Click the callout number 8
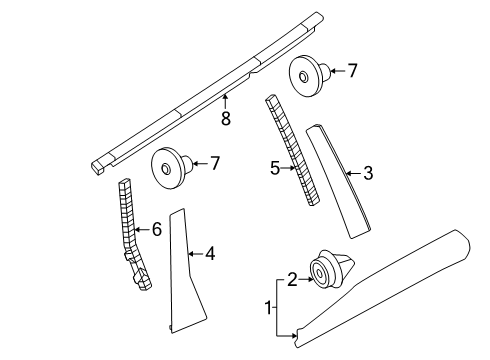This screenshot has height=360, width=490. click(x=226, y=118)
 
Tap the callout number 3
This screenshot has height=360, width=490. click(x=368, y=173)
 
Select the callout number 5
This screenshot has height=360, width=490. click(x=275, y=168)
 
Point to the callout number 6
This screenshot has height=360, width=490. click(x=157, y=229)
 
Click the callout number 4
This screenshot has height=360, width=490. click(x=210, y=254)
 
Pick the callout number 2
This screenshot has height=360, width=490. click(x=292, y=279)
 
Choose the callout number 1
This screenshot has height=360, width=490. click(x=268, y=308)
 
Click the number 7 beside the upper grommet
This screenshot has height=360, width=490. click(x=352, y=71)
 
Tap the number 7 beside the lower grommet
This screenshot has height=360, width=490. click(x=215, y=163)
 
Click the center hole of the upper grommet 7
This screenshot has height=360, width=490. click(x=303, y=77)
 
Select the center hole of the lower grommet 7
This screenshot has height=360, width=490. click(x=165, y=169)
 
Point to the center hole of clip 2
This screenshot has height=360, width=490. click(x=320, y=273)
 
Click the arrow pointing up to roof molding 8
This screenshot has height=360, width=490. click(x=225, y=102)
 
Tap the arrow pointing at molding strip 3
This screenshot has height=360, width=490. click(x=354, y=173)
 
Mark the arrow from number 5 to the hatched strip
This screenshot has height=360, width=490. click(x=288, y=168)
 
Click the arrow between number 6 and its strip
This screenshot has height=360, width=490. click(x=143, y=229)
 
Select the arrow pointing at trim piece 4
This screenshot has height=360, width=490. click(x=196, y=254)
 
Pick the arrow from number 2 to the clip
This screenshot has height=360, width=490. click(x=306, y=279)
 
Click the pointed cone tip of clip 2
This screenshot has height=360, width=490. click(x=353, y=262)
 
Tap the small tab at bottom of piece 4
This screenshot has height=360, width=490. click(x=171, y=328)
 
